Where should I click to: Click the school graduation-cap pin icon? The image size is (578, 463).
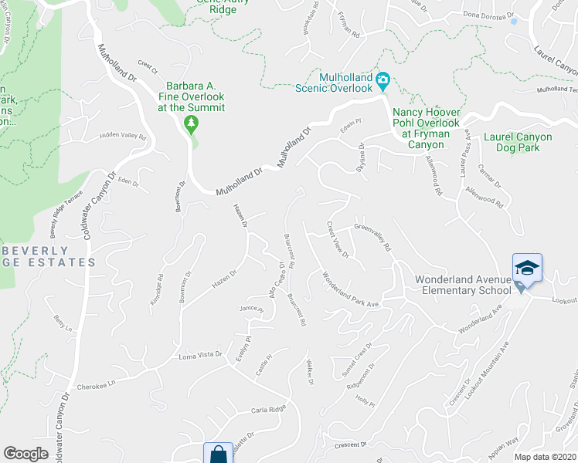coord(528,268)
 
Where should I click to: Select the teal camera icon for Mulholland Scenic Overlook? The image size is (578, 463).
coord(382,79)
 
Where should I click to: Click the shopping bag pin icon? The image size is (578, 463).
coord(218,454)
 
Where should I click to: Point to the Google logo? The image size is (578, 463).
coord(25,454)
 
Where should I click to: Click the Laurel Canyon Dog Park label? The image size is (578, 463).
coord(517,142)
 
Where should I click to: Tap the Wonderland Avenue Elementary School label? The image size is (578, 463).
coord(463,284)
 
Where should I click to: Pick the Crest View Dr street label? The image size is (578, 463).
coord(338,239)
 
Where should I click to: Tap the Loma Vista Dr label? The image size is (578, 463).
coord(200,356)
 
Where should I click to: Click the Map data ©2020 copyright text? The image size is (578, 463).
coord(546,457)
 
